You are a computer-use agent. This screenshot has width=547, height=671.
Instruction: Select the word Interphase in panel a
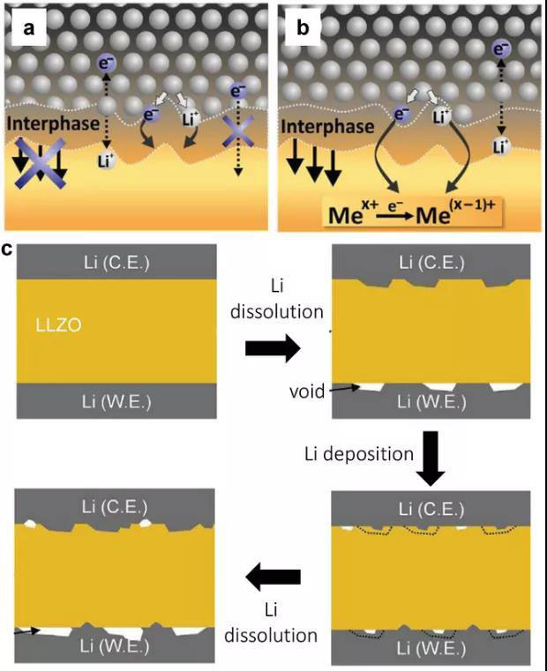point(55,124)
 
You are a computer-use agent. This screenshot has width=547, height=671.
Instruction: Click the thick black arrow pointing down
point(431,459)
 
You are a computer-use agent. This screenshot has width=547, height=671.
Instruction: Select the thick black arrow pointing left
point(273,578)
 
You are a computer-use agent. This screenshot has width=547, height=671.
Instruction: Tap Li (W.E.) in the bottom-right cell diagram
point(431,649)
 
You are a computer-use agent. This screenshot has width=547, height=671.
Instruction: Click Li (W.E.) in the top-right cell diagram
point(431,402)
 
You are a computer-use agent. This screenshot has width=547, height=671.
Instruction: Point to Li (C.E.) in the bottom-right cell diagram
point(431,510)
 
